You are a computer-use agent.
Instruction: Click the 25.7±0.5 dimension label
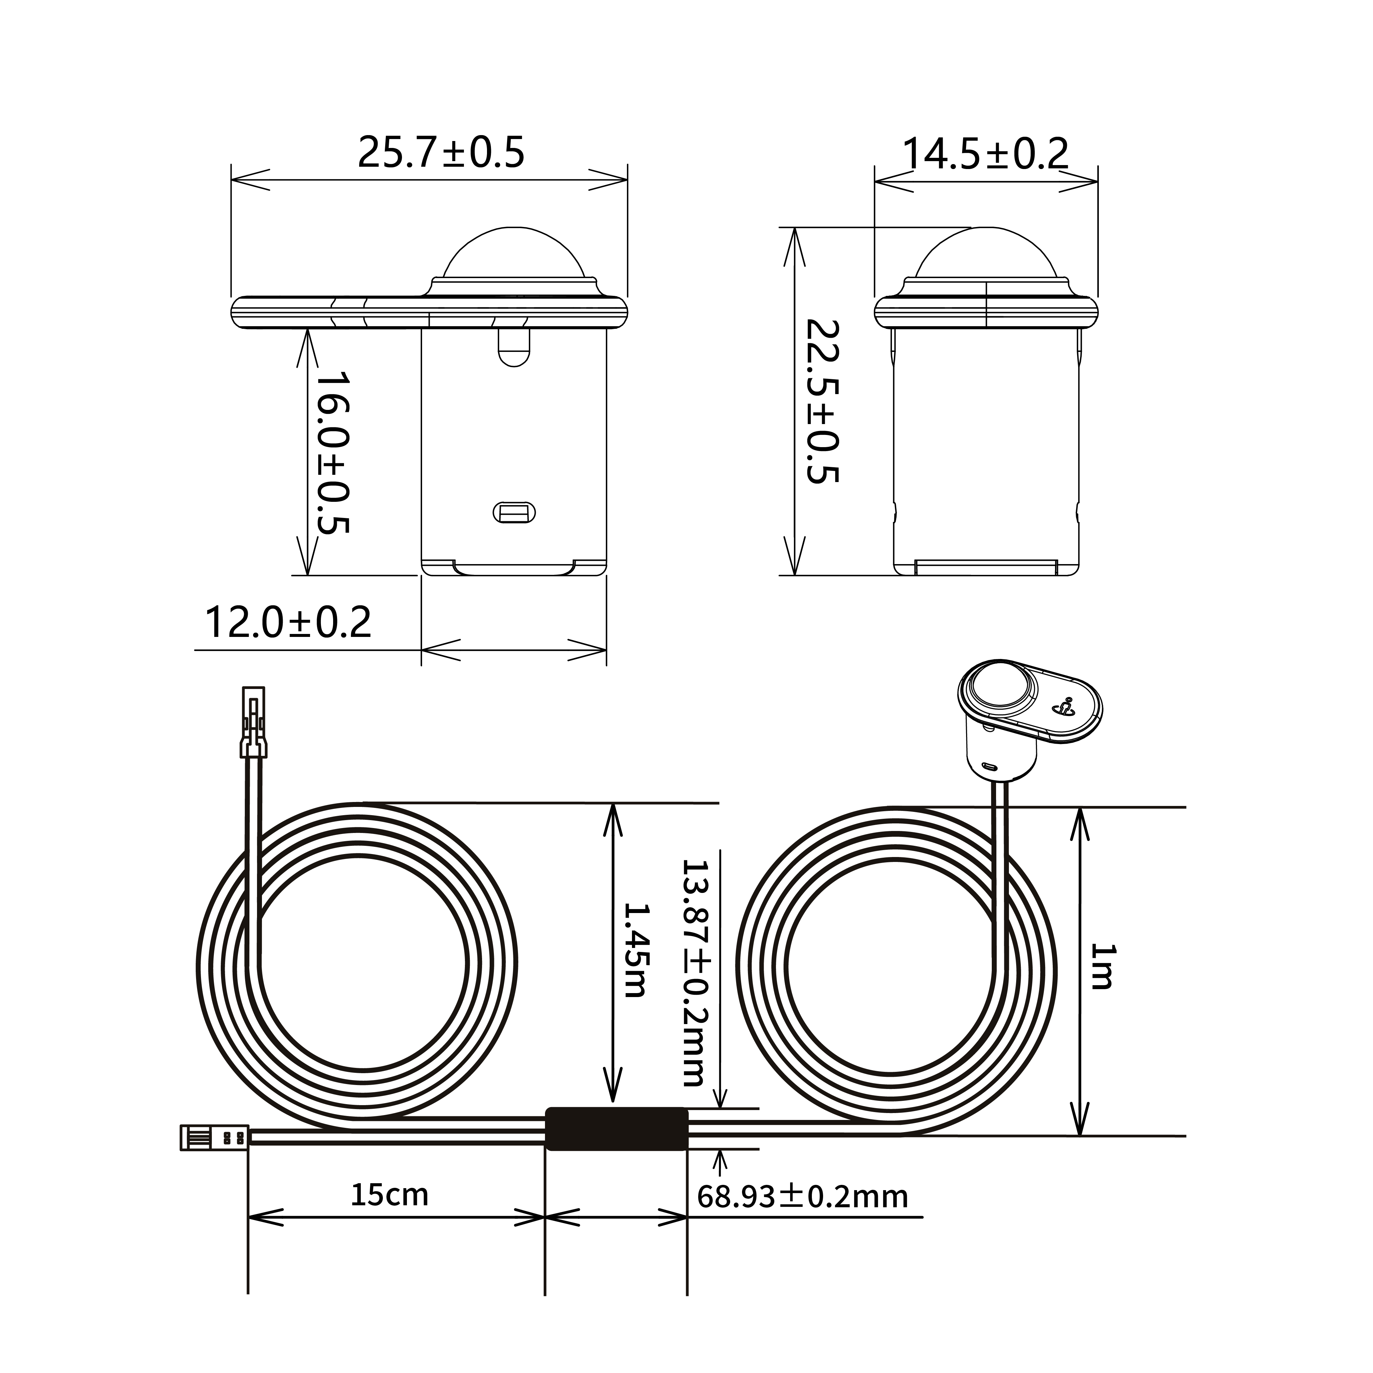coord(441,152)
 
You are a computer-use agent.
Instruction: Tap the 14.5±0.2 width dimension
coord(985,154)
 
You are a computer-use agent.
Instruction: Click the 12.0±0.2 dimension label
coord(288,622)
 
